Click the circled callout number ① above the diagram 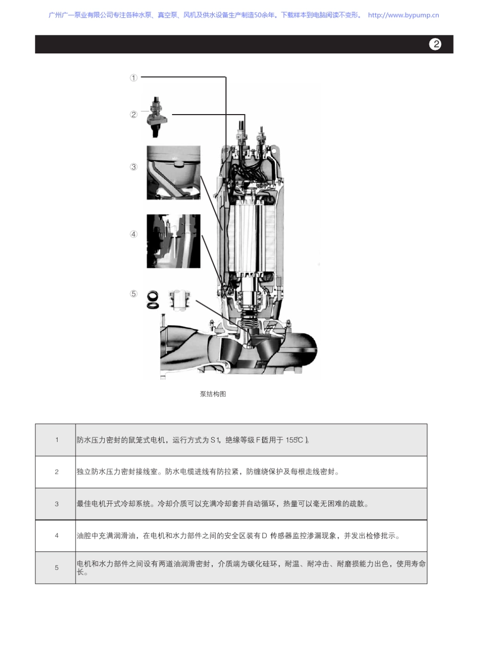[134, 78]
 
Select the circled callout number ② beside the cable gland [134, 114]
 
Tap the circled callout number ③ [134, 167]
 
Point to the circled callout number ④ [134, 234]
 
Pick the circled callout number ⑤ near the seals [134, 294]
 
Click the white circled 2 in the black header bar [435, 44]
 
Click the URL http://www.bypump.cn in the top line [403, 15]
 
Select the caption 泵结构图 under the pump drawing [213, 394]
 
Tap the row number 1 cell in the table [57, 440]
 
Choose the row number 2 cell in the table [57, 472]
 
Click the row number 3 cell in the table [57, 504]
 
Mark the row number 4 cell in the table [57, 536]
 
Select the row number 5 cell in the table [57, 568]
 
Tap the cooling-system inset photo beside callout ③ [173, 173]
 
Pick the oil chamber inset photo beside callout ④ [173, 241]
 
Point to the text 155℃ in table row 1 [296, 440]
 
